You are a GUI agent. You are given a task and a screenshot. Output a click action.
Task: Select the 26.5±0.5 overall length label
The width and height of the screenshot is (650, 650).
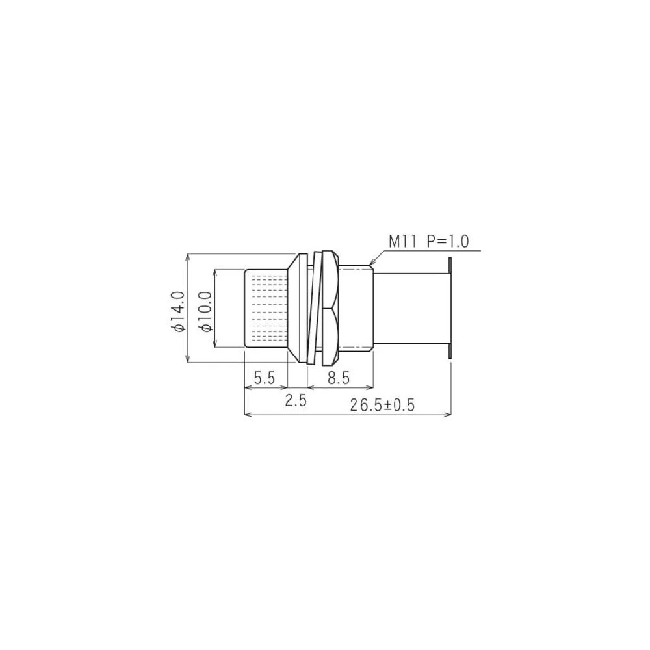[382, 406]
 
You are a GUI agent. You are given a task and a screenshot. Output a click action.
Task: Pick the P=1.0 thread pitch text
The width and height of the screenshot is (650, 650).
[447, 242]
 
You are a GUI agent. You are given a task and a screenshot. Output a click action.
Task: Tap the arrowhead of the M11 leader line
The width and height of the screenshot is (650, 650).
[370, 263]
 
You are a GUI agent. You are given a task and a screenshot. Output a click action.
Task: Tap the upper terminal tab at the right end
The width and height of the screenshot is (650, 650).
[450, 265]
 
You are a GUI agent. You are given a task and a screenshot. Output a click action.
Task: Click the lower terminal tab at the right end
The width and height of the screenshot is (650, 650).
[450, 352]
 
